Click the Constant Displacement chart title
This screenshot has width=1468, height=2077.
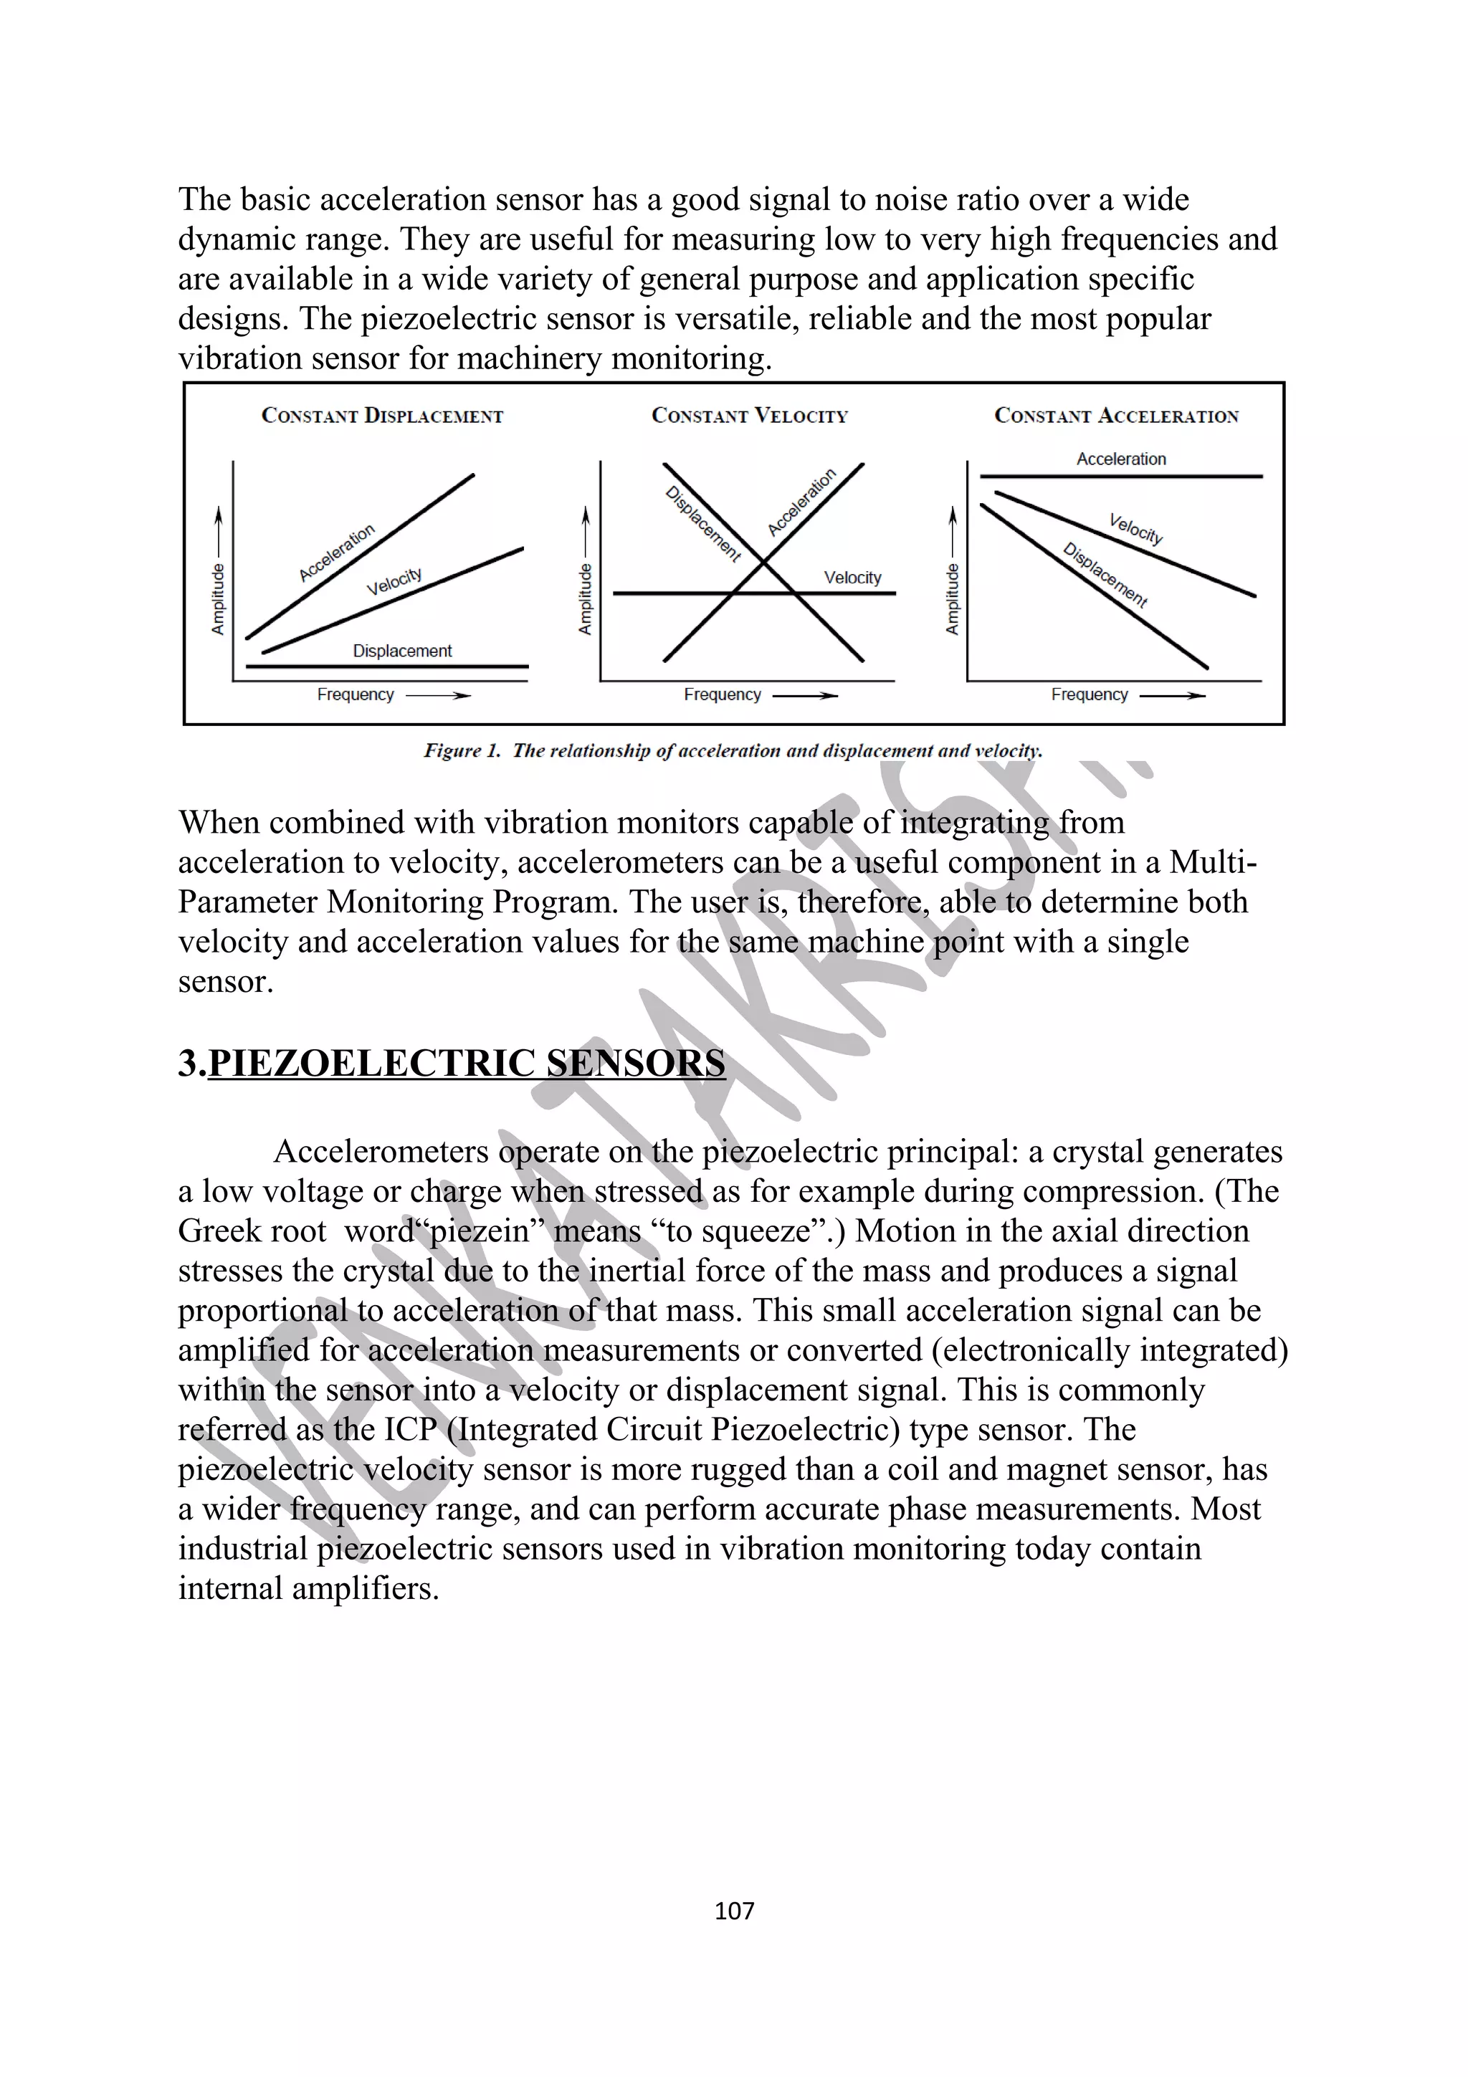pyautogui.click(x=382, y=416)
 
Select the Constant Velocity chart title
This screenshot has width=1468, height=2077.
pyautogui.click(x=750, y=416)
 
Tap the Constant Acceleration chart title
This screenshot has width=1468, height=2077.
pyautogui.click(x=1116, y=416)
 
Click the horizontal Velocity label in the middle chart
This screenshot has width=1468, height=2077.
pyautogui.click(x=852, y=577)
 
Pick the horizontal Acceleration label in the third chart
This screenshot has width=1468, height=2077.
pyautogui.click(x=1120, y=459)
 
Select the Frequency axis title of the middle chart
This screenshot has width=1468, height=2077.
pyautogui.click(x=722, y=694)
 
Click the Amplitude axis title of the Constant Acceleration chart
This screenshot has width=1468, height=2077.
pyautogui.click(x=951, y=599)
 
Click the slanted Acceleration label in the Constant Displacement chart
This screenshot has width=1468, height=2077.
pyautogui.click(x=336, y=553)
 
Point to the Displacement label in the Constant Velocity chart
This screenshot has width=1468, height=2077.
pyautogui.click(x=702, y=524)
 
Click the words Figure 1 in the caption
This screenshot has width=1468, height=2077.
pyautogui.click(x=462, y=751)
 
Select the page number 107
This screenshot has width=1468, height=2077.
pyautogui.click(x=733, y=1911)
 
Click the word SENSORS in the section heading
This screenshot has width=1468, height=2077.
pyautogui.click(x=635, y=1063)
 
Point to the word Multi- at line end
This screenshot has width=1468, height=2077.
pyautogui.click(x=1212, y=862)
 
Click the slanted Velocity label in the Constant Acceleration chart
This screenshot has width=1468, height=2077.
pyautogui.click(x=1136, y=528)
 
